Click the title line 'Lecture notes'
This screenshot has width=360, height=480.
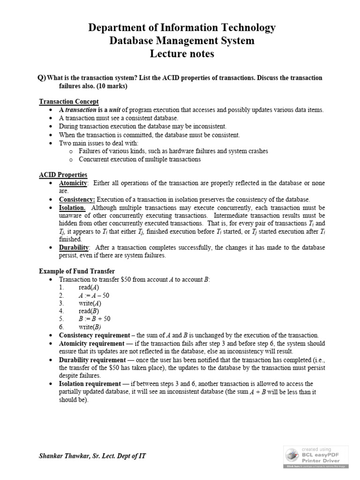pos(182,54)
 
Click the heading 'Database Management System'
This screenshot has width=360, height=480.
pos(182,41)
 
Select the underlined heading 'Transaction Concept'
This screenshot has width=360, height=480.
pos(68,101)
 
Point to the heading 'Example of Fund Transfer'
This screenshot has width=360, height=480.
pos(77,271)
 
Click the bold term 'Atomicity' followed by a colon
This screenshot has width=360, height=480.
pos(73,183)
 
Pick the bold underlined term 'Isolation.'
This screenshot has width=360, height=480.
pos(72,207)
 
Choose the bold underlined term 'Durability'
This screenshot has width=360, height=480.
pos(74,247)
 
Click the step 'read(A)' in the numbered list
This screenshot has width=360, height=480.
pos(89,287)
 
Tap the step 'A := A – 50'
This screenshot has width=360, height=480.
pos(94,295)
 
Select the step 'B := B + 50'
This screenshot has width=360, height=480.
pos(94,319)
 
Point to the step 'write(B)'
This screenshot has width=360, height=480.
pos(90,327)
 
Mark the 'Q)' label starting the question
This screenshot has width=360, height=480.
pos(42,78)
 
